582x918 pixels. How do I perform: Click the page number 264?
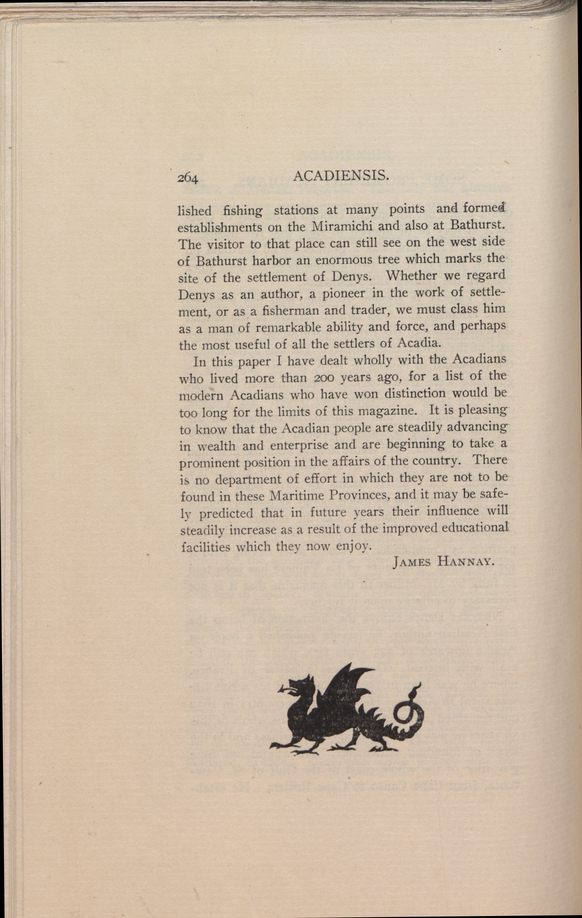tap(187, 178)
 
